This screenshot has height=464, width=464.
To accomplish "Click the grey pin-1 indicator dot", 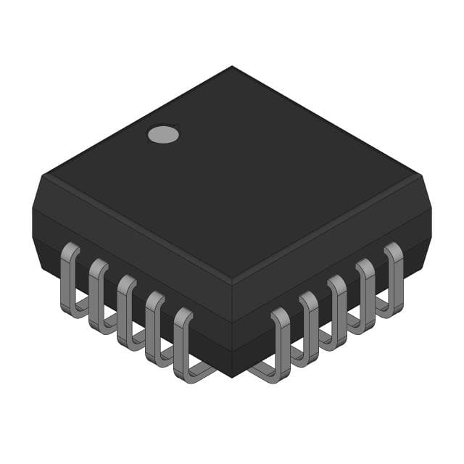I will pyautogui.click(x=163, y=133).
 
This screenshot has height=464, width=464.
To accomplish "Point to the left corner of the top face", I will pyautogui.click(x=45, y=175).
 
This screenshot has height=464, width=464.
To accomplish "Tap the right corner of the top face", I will pyautogui.click(x=419, y=175).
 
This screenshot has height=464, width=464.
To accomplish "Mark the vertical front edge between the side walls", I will pyautogui.click(x=232, y=319).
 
